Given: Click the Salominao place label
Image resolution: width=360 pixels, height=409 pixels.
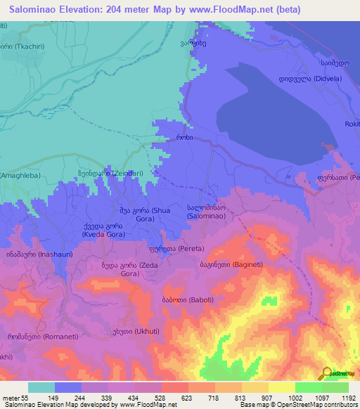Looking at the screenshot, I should tap(206, 213).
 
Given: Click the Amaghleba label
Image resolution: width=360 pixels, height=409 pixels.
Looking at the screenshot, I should tap(20, 175).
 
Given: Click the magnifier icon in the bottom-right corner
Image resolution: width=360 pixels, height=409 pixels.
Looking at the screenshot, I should tap(325, 375).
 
